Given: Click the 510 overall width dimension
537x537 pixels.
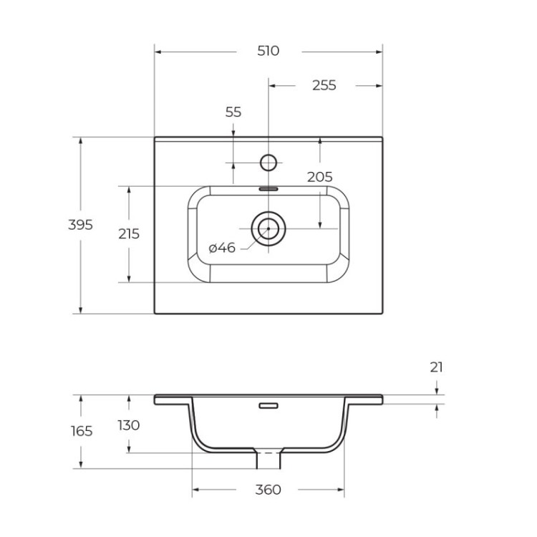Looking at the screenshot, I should click(268, 52).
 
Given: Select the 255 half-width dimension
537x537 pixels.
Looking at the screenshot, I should click(324, 85).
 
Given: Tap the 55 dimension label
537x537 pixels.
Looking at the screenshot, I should click(233, 112).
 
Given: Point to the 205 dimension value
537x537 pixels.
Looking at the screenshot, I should click(319, 177).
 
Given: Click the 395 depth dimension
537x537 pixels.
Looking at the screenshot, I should click(80, 225).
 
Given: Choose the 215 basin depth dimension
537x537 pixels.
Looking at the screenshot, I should click(128, 233).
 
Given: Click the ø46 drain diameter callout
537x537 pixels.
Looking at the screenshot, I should click(222, 248).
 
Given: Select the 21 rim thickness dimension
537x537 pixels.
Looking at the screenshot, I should click(436, 367).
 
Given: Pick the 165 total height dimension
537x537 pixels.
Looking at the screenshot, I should click(81, 431).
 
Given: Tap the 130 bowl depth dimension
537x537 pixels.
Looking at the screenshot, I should click(128, 425).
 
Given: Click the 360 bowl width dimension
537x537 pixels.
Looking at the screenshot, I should click(268, 490).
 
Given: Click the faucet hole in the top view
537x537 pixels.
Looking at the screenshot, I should click(268, 163).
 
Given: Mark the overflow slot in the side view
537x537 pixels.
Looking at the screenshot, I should click(268, 406).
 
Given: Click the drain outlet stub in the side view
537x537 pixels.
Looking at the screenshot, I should click(268, 458).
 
